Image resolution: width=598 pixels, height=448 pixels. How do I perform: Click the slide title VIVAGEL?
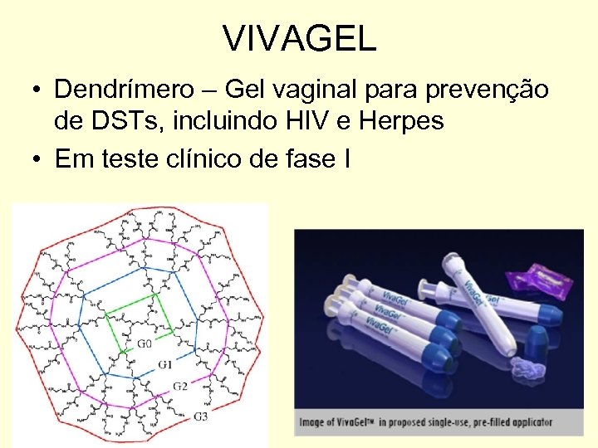click(x=299, y=39)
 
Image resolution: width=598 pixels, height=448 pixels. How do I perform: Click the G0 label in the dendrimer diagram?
click(x=144, y=343)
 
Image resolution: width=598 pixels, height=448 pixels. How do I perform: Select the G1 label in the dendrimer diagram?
click(x=165, y=365)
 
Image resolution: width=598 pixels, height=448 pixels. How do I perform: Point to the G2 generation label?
click(x=180, y=387)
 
